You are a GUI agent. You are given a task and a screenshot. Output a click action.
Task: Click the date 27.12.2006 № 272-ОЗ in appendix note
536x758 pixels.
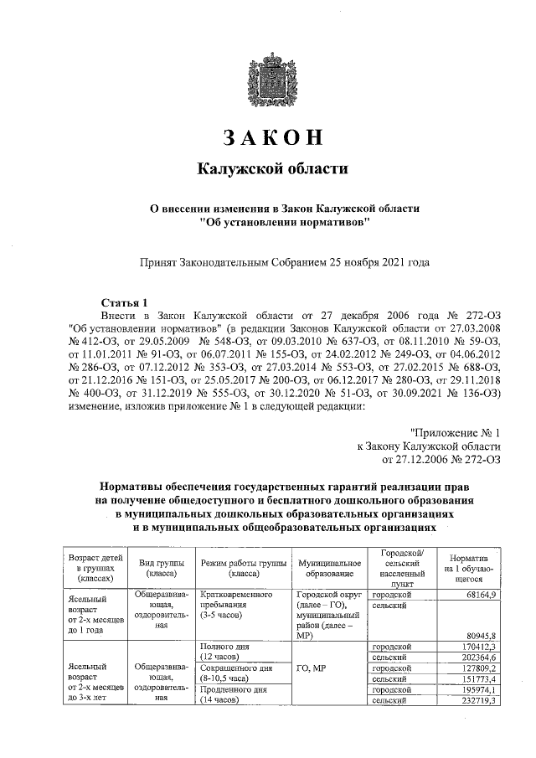click(x=441, y=459)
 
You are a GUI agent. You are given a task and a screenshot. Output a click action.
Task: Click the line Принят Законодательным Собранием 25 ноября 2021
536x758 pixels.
click(x=284, y=262)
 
